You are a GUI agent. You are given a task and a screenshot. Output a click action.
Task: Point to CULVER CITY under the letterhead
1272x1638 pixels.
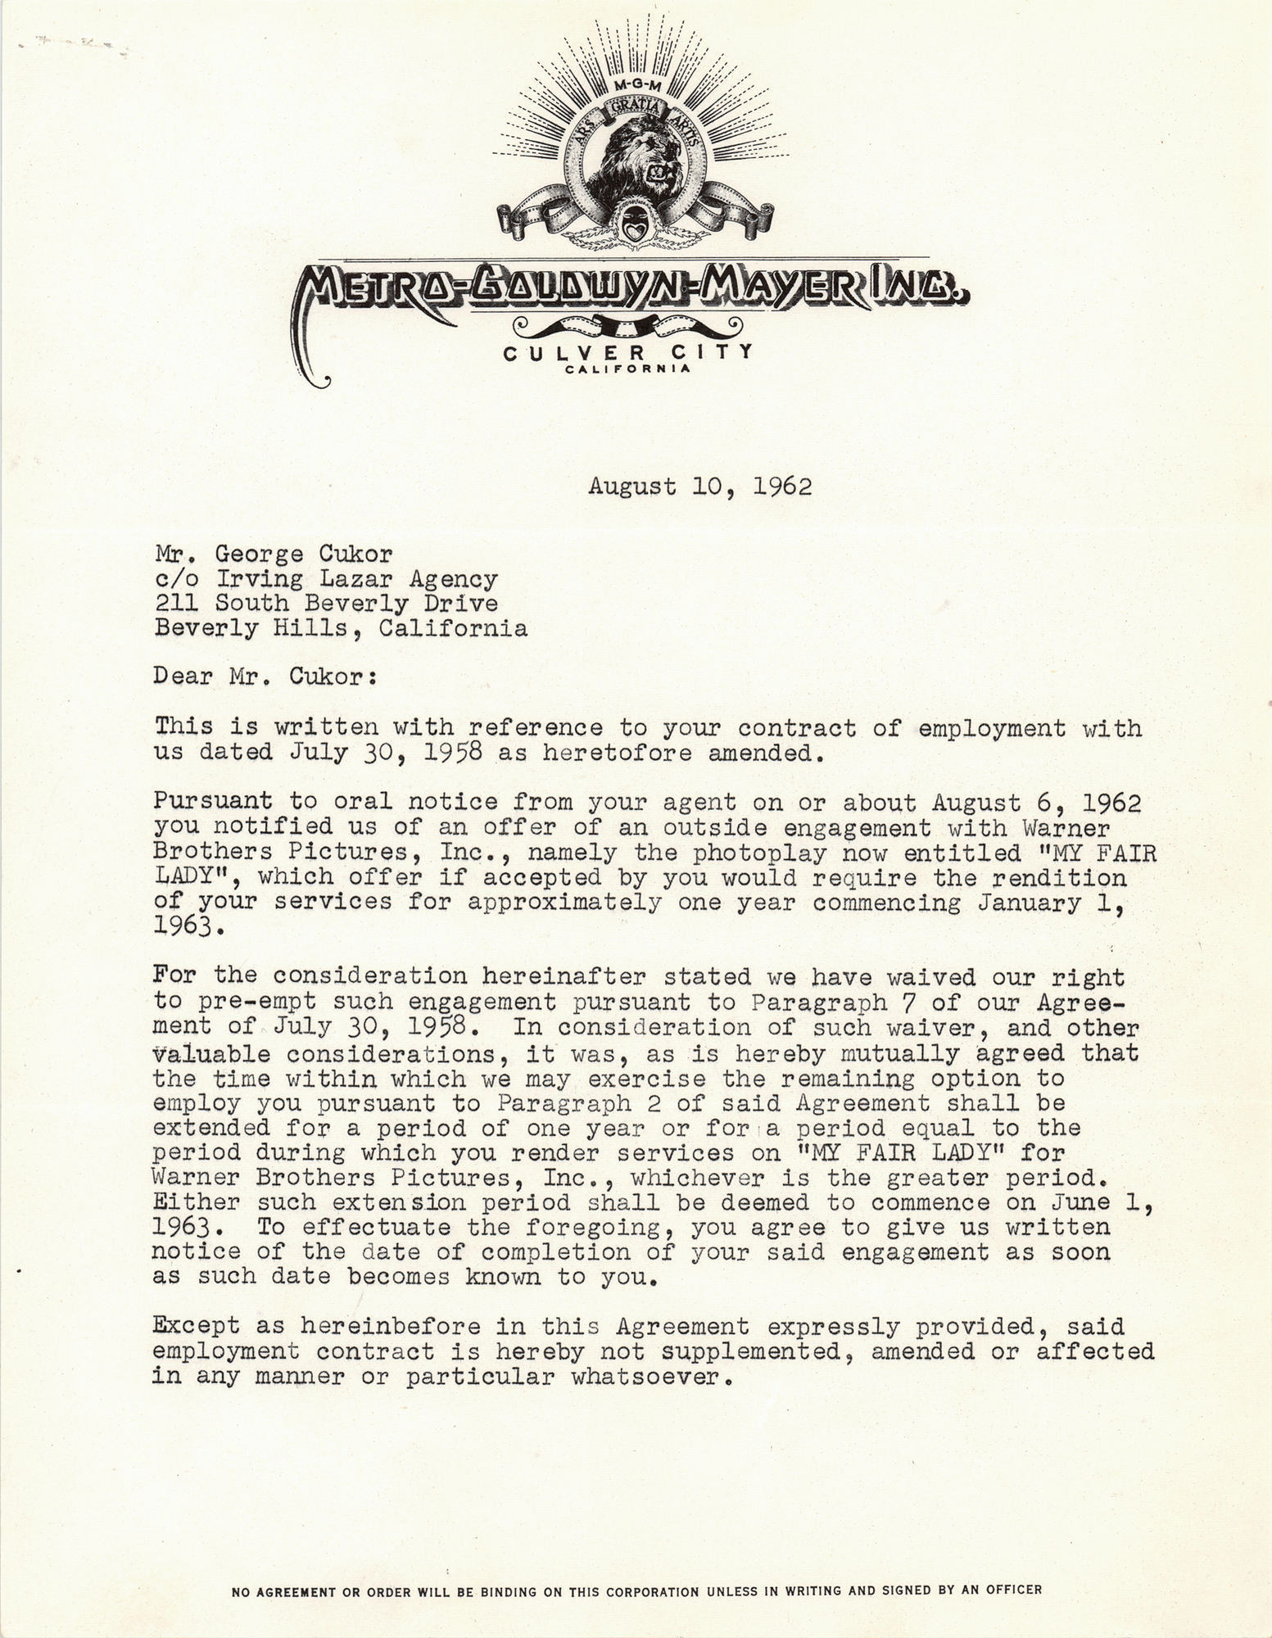pyautogui.click(x=627, y=353)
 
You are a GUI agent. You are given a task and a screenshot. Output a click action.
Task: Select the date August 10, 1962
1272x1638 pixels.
pyautogui.click(x=699, y=486)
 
